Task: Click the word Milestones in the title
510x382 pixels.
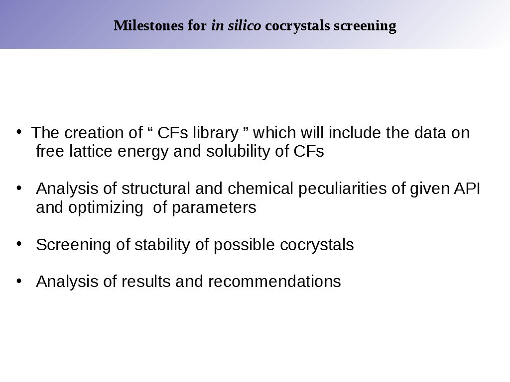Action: pos(148,26)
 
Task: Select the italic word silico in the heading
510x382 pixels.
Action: pos(244,26)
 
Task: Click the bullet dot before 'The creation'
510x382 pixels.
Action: pos(19,132)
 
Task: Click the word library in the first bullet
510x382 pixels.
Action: pos(216,133)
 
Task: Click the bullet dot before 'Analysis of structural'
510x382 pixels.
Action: pos(19,188)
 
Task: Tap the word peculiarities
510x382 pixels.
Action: pos(343,189)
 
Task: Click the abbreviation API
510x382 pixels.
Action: pos(467,189)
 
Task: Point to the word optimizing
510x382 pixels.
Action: pos(106,208)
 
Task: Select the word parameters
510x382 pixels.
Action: pos(214,208)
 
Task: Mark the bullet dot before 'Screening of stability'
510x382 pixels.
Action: pos(19,244)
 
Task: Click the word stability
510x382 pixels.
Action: pos(162,245)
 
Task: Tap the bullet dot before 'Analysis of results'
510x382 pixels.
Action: pos(19,281)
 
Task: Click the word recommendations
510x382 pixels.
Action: pos(274,282)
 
